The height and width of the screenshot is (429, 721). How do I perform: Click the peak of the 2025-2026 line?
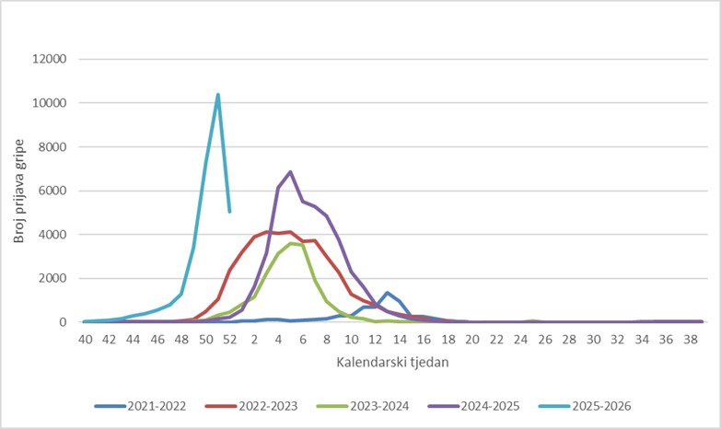(217, 95)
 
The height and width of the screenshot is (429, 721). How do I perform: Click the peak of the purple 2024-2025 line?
(290, 172)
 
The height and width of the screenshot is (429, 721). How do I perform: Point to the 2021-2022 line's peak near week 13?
(387, 293)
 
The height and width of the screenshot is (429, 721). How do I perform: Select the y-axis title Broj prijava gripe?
(19, 191)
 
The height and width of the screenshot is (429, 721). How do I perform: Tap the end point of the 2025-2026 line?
(229, 212)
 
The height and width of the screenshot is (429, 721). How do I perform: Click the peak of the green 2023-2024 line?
(290, 244)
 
